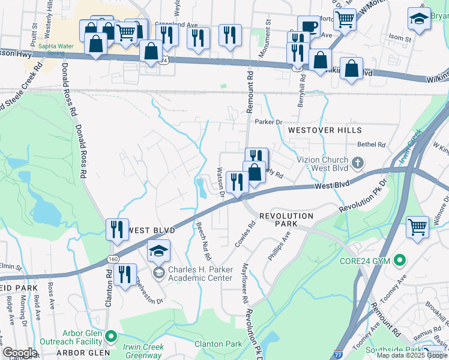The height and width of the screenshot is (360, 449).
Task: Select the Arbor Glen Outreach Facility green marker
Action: pos(109,335)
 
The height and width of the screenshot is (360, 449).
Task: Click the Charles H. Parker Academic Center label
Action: pos(200,274)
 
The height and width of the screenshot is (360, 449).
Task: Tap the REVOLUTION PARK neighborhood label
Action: pos(286,220)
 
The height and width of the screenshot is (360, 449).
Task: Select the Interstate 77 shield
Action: pos(339,355)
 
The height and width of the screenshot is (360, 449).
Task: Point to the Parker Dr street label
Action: pos(268,122)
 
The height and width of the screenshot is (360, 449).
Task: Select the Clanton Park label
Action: pos(218,344)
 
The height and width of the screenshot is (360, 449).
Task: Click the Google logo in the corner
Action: pos(20,353)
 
